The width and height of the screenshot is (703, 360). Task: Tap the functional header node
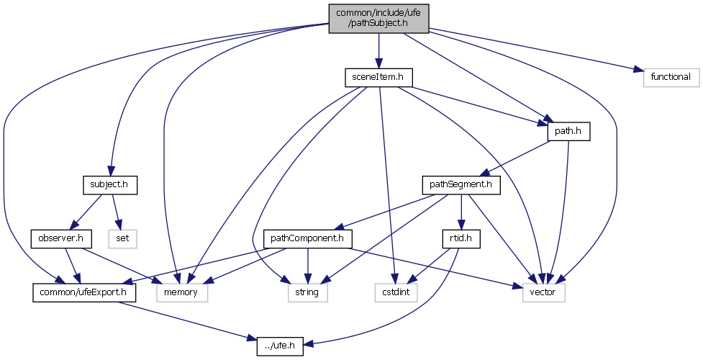671,77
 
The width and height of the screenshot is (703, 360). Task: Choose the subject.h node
109,185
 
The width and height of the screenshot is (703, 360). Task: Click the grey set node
122,237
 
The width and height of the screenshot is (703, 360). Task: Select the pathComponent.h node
307,237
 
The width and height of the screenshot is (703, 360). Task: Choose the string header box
307,292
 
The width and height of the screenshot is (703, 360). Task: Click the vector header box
539,292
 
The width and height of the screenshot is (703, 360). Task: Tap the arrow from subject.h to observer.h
86,211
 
